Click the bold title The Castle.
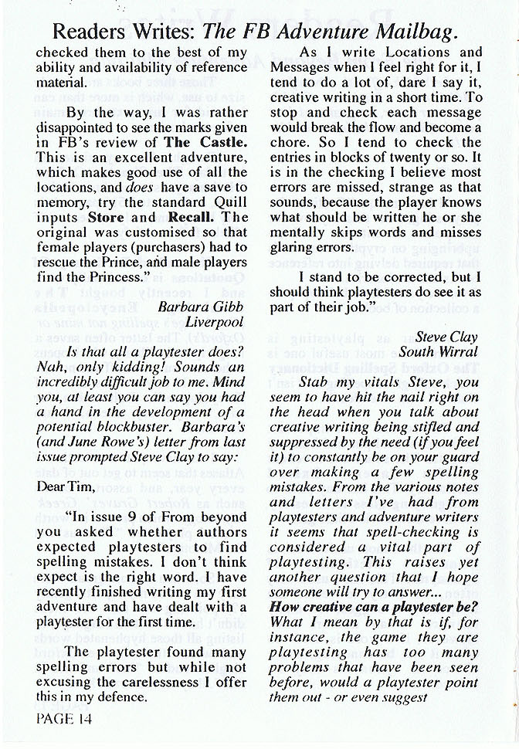click(x=205, y=142)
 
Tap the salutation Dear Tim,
click(x=63, y=486)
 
